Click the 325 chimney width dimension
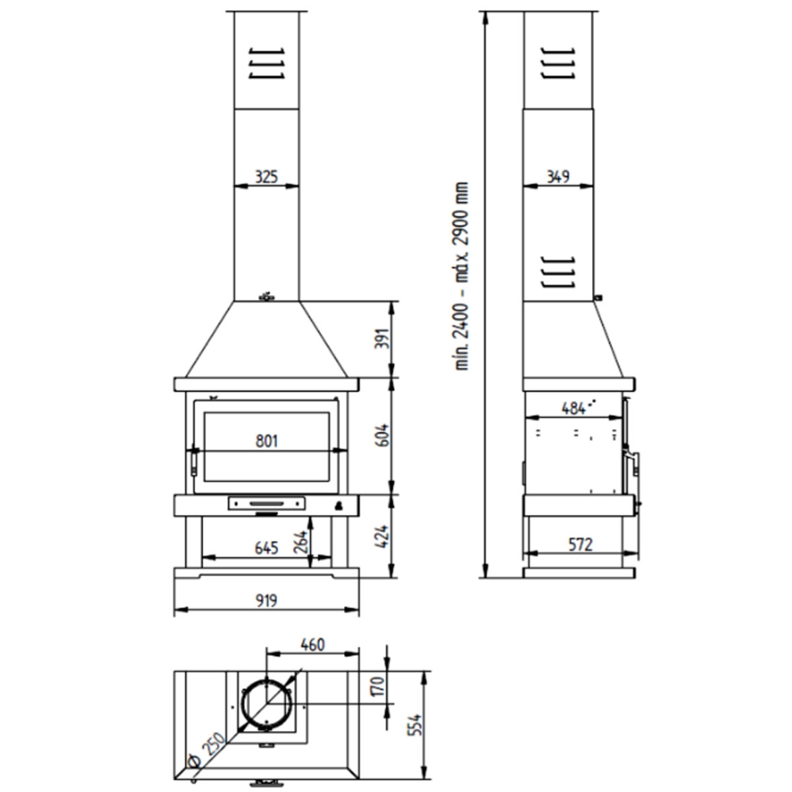[x=267, y=176]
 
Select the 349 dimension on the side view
[x=558, y=176]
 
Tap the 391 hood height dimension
[x=383, y=339]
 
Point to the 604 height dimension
[x=383, y=436]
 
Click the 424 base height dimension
[x=383, y=537]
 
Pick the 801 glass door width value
[x=267, y=441]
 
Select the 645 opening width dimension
[x=267, y=548]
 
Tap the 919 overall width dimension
[x=267, y=600]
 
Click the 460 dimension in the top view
[x=312, y=643]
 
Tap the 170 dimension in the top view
[x=377, y=687]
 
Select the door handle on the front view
[x=193, y=461]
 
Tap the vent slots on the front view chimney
[x=267, y=63]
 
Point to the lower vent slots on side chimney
[x=558, y=272]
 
